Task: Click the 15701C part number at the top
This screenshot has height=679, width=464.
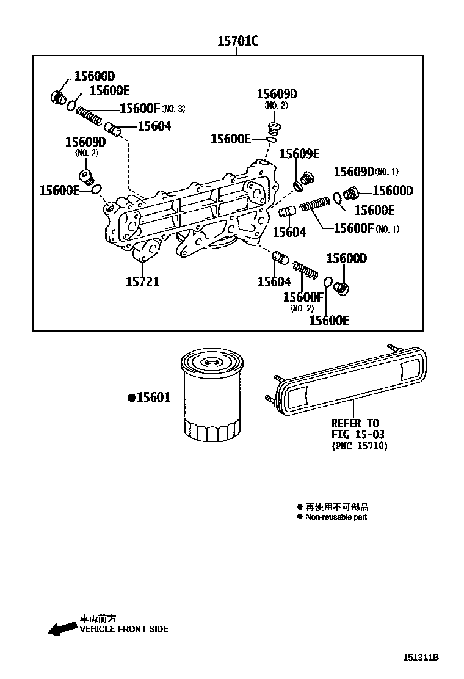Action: [x=237, y=42]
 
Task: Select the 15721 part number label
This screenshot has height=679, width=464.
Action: [x=142, y=281]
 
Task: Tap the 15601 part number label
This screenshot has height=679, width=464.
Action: [x=153, y=398]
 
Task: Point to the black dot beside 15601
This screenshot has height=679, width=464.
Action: [x=131, y=398]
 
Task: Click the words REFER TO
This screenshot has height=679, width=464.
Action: [x=355, y=423]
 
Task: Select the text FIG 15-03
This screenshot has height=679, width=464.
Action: [x=358, y=434]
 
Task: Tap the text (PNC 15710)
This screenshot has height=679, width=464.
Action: [x=360, y=446]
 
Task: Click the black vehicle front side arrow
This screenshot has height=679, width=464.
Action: [x=62, y=630]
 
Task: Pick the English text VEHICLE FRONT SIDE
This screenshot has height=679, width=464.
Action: [x=123, y=629]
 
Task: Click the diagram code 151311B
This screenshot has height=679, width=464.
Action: [x=421, y=658]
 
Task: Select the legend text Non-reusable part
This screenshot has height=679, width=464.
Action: [x=336, y=517]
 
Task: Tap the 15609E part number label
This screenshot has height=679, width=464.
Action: [x=299, y=154]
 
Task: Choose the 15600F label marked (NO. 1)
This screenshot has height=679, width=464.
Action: [x=353, y=228]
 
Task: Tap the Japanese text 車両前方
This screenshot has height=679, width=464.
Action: [x=98, y=619]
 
